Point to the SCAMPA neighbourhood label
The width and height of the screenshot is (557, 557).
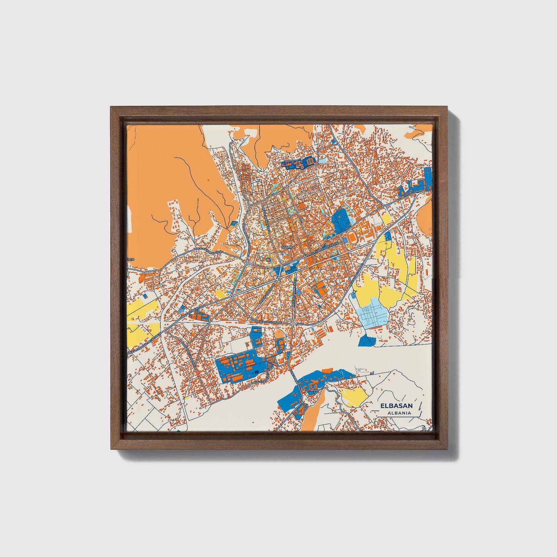click(288, 246)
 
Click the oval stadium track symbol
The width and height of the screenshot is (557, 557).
click(352, 237)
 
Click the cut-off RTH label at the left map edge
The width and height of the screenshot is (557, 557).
click(130, 259)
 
